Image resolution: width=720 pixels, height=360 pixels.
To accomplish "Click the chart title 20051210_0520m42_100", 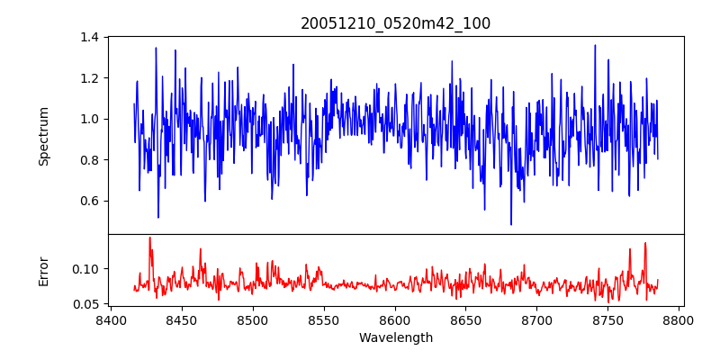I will point(396,23).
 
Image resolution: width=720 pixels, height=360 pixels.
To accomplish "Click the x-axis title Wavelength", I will point(396,337).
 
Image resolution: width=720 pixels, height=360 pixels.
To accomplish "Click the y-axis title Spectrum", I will point(43,136).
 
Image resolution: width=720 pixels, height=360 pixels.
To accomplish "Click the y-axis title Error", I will point(43,271).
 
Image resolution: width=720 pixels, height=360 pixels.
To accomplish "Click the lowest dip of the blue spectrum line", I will point(511,224).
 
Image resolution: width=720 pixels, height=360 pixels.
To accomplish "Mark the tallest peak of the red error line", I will point(149,238).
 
